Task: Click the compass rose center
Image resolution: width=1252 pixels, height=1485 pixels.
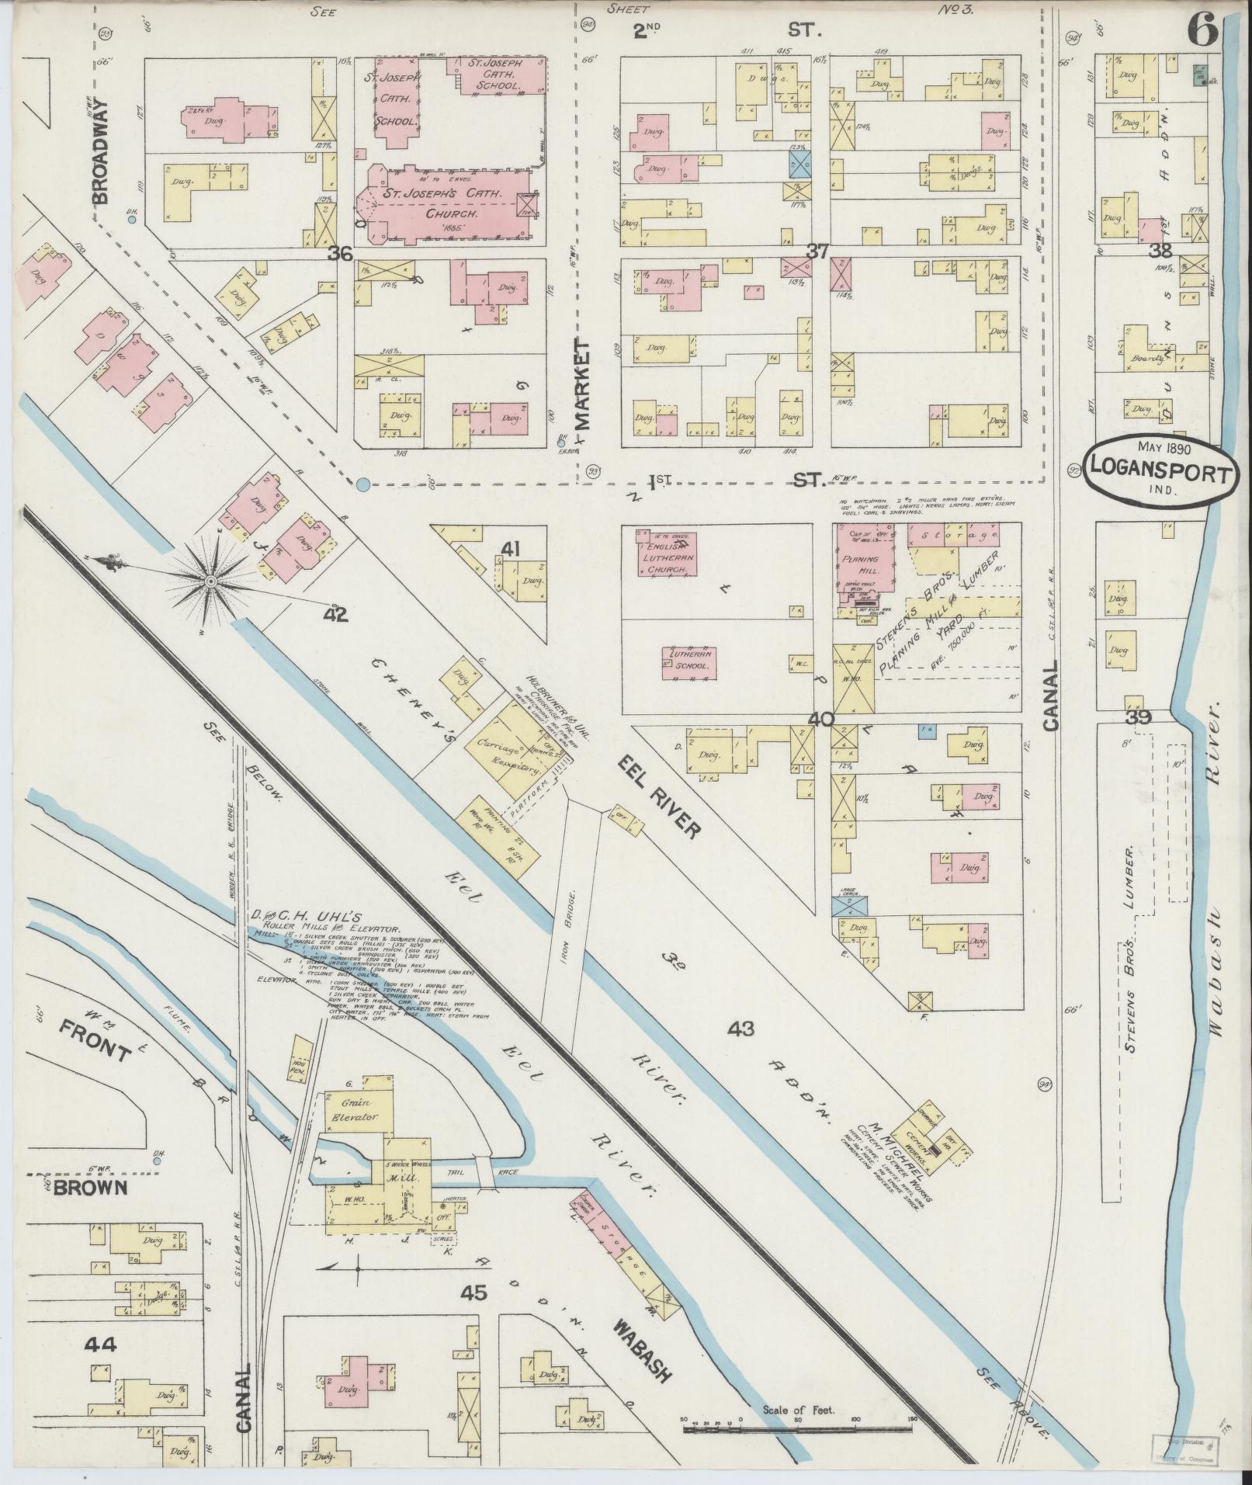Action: [210, 581]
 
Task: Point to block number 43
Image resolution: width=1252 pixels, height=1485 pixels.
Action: [740, 1029]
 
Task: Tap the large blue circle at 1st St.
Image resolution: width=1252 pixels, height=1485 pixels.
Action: [362, 486]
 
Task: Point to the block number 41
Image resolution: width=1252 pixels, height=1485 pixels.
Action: [509, 550]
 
